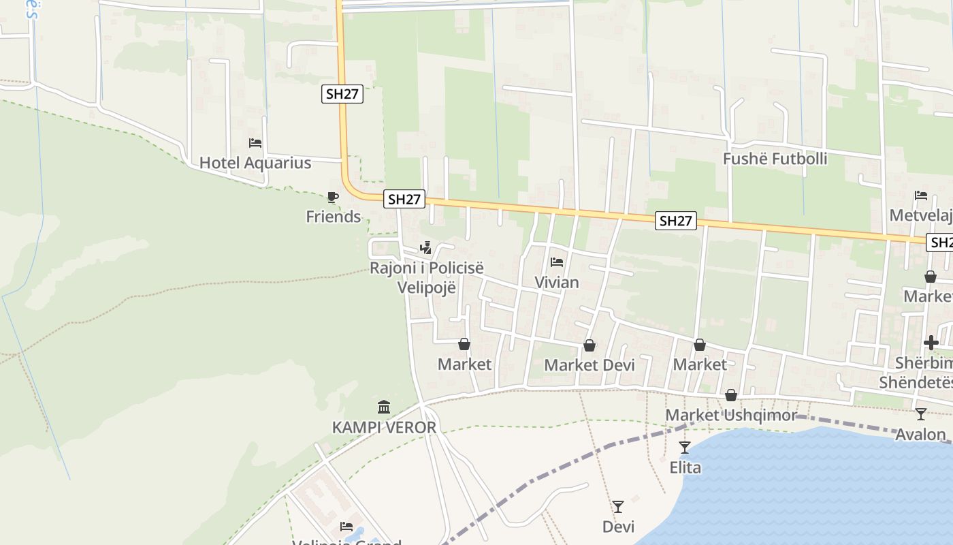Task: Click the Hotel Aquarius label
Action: pos(255,163)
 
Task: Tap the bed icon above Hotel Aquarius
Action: pos(255,143)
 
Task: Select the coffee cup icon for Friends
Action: pos(333,198)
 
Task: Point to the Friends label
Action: pos(333,217)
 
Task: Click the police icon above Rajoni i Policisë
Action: pos(426,248)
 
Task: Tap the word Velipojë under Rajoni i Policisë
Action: pos(426,287)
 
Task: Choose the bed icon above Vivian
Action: pos(557,262)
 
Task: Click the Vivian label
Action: pos(557,282)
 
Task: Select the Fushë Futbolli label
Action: pos(775,159)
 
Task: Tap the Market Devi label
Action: pos(589,365)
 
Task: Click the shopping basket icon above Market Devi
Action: pos(589,346)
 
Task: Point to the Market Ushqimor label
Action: pos(730,415)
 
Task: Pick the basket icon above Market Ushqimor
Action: pos(731,395)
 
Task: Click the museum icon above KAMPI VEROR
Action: pos(384,407)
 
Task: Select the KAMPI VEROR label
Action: pos(384,428)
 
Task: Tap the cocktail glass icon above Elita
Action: pos(685,448)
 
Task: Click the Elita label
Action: pos(685,468)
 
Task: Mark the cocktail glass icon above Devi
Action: pos(618,507)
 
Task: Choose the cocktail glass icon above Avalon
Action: pos(921,414)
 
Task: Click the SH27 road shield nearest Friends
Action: pos(404,200)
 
